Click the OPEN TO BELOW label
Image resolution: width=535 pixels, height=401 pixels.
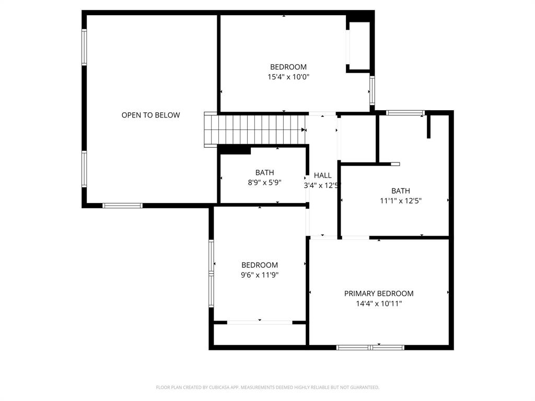[150, 115]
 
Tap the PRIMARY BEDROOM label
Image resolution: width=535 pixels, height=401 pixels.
[379, 293]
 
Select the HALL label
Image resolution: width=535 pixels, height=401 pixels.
[322, 175]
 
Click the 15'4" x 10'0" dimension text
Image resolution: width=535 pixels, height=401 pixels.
[288, 77]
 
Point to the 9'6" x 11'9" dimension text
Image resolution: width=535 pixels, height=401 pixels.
[260, 275]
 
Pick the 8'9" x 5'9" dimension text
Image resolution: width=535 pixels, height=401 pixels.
[264, 182]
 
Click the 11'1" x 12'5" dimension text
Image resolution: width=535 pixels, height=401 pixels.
[401, 200]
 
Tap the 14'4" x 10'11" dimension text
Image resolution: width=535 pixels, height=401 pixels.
[379, 303]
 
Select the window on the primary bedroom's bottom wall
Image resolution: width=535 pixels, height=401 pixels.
[370, 347]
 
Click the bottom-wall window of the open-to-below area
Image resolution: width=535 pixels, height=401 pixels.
[122, 206]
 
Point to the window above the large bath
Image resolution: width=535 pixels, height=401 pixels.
[405, 112]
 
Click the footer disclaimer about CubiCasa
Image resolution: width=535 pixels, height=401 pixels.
[267, 387]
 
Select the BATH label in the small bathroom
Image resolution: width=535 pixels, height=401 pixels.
[264, 172]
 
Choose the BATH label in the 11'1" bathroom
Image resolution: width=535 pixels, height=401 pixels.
[401, 191]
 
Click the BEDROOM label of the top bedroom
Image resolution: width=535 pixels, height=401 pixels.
[288, 67]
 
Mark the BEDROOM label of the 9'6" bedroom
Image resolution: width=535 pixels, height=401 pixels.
[260, 265]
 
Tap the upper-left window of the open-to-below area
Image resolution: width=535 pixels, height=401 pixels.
[84, 47]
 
